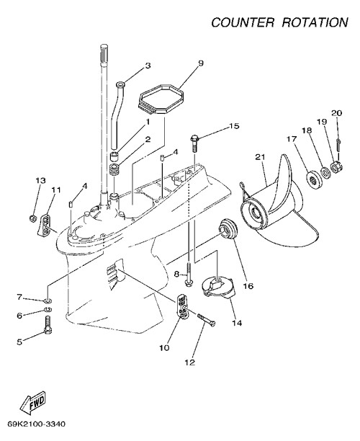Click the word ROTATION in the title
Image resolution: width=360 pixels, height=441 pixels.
click(315, 22)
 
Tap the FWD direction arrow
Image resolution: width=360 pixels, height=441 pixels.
click(32, 402)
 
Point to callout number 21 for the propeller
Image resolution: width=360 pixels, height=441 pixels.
click(260, 156)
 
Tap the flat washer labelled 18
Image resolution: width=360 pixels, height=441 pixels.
click(325, 173)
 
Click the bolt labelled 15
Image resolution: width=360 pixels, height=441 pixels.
click(194, 143)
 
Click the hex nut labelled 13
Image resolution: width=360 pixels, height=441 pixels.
click(32, 218)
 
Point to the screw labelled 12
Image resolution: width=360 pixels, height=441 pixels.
click(206, 319)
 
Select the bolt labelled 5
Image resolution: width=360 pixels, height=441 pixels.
click(48, 325)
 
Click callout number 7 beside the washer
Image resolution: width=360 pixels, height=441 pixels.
click(19, 297)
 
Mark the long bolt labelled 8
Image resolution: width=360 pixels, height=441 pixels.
click(189, 274)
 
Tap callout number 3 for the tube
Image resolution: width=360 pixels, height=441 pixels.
click(148, 66)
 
